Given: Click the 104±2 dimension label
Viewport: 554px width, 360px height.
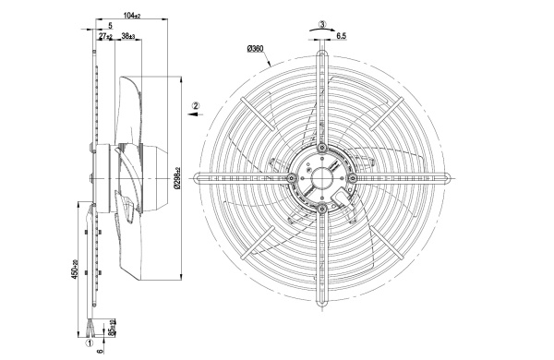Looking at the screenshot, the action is [x=132, y=16].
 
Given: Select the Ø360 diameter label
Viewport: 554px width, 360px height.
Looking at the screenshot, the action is [x=256, y=48].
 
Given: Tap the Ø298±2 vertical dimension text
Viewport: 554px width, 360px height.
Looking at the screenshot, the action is [x=177, y=178].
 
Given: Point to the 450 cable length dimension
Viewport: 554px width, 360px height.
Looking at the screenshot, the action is [x=74, y=270].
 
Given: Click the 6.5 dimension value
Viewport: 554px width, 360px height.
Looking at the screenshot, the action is [x=342, y=36].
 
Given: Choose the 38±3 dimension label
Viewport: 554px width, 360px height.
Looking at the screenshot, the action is [x=128, y=36].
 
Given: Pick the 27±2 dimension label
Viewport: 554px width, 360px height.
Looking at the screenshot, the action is [x=105, y=36].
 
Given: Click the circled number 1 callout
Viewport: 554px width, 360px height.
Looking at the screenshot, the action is [x=90, y=343].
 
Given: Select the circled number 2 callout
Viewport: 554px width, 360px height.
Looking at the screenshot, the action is [x=196, y=105].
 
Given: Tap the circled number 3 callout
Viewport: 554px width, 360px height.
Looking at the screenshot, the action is [x=322, y=25].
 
